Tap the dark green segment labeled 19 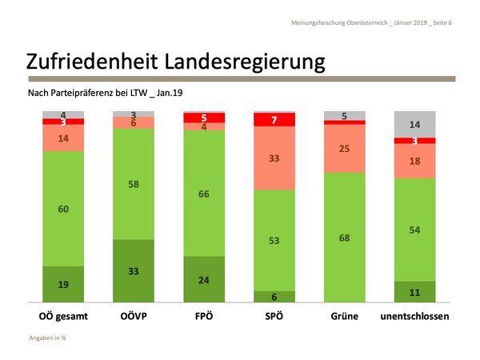pyautogui.click(x=62, y=284)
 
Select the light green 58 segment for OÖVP pyautogui.click(x=133, y=184)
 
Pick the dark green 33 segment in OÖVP pyautogui.click(x=133, y=271)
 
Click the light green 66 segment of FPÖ pyautogui.click(x=203, y=194)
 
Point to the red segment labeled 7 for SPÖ pyautogui.click(x=274, y=120)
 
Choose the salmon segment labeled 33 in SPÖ pyautogui.click(x=274, y=158)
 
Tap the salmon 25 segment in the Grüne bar pyautogui.click(x=344, y=149)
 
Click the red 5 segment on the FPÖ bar pyautogui.click(x=203, y=118)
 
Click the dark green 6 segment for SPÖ pyautogui.click(x=274, y=297)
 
